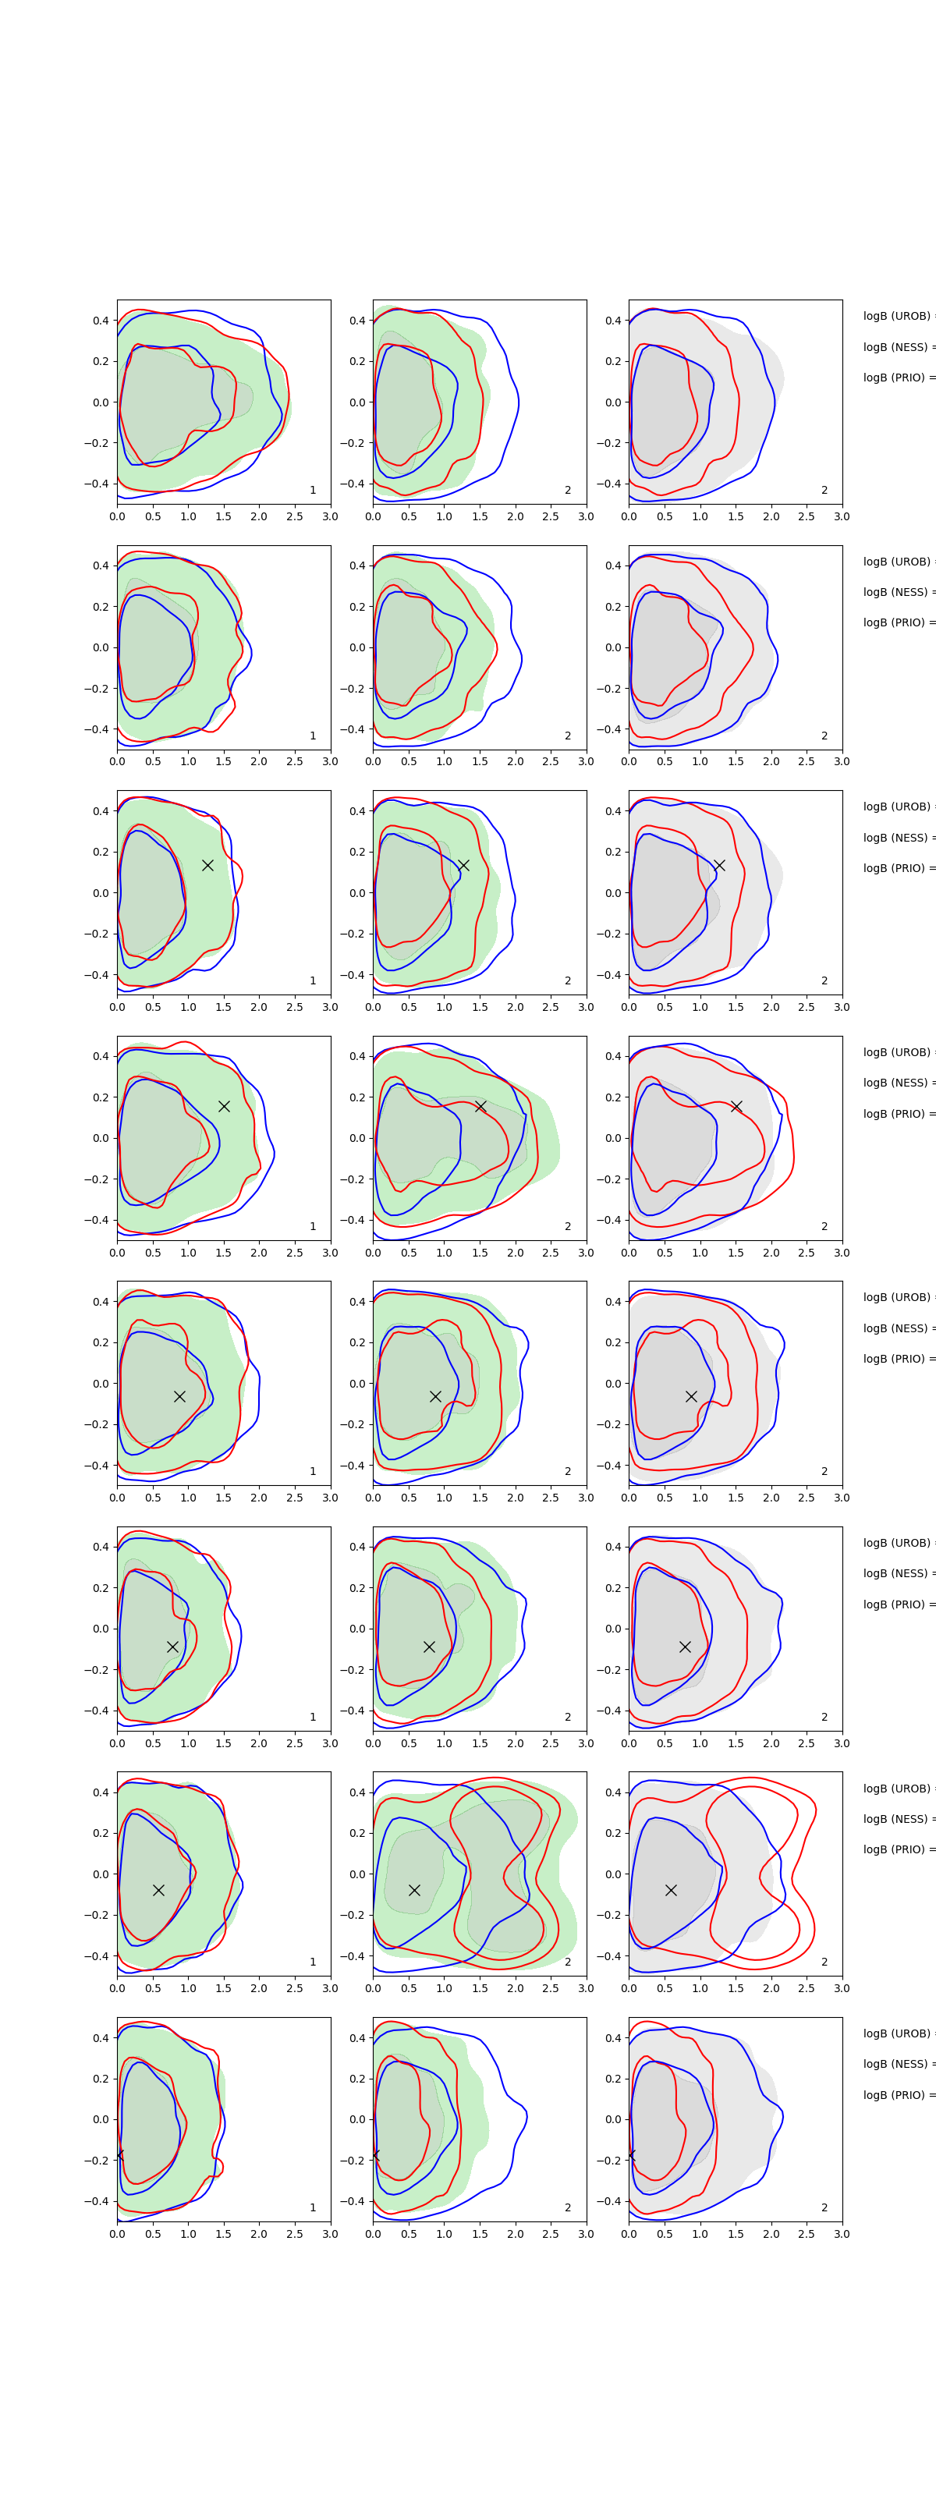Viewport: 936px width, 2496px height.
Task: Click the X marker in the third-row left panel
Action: pyautogui.click(x=207, y=865)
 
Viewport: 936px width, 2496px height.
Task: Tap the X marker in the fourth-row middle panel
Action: pyautogui.click(x=480, y=1107)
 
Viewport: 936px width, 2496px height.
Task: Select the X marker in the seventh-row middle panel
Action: pyautogui.click(x=413, y=1891)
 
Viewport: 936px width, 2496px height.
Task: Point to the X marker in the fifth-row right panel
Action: pyautogui.click(x=691, y=1396)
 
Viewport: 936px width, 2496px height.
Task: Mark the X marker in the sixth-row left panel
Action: pyautogui.click(x=172, y=1647)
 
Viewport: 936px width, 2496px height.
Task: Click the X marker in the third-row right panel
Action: pyautogui.click(x=719, y=865)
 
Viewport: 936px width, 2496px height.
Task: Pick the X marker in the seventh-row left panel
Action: pyautogui.click(x=158, y=1891)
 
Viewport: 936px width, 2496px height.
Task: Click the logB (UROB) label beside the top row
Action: pyautogui.click(x=897, y=316)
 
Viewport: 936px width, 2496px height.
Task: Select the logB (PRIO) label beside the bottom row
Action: pyautogui.click(x=897, y=2095)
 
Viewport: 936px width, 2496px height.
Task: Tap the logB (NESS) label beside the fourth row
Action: pyautogui.click(x=897, y=1083)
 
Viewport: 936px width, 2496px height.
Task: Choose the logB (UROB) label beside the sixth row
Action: pyautogui.click(x=897, y=1544)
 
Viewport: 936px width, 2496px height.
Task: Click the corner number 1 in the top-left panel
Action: pyautogui.click(x=313, y=491)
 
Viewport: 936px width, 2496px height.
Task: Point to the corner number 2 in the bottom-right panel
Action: pyautogui.click(x=824, y=2207)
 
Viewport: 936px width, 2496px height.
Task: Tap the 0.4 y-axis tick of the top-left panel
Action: pyautogui.click(x=101, y=321)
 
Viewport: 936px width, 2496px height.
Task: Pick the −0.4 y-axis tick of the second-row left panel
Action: pyautogui.click(x=97, y=729)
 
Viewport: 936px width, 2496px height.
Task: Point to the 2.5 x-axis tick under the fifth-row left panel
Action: pyautogui.click(x=295, y=1498)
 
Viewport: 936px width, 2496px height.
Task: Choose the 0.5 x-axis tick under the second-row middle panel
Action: pyautogui.click(x=409, y=761)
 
